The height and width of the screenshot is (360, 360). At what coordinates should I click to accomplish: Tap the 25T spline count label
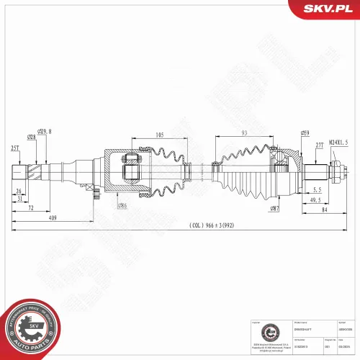click(x=14, y=148)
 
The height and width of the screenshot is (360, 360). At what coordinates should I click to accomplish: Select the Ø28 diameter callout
click(x=32, y=137)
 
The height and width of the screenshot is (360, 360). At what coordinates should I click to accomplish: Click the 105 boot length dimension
click(x=158, y=135)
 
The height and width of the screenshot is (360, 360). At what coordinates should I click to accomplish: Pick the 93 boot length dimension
click(x=244, y=132)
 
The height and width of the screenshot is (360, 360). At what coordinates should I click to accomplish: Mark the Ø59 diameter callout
click(x=305, y=132)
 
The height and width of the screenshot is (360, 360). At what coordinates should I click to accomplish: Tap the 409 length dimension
click(x=53, y=217)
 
